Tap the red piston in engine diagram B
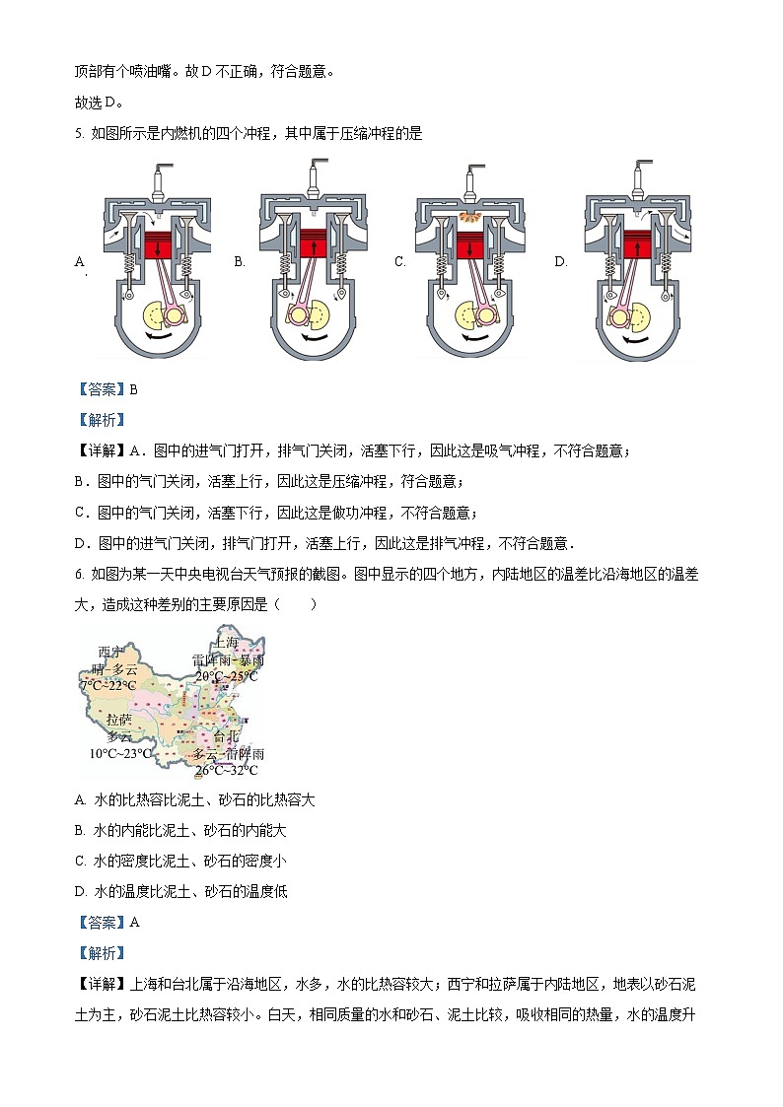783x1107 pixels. pos(314,242)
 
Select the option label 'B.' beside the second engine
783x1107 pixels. pos(240,262)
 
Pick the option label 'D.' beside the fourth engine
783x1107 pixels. pos(560,262)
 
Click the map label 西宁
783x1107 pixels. pos(111,652)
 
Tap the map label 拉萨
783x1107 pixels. pos(119,720)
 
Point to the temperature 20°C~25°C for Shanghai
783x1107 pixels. pos(226,676)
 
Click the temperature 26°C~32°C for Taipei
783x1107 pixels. pos(226,770)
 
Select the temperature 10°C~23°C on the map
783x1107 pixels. pos(121,753)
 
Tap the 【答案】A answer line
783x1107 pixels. pos(107,922)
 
